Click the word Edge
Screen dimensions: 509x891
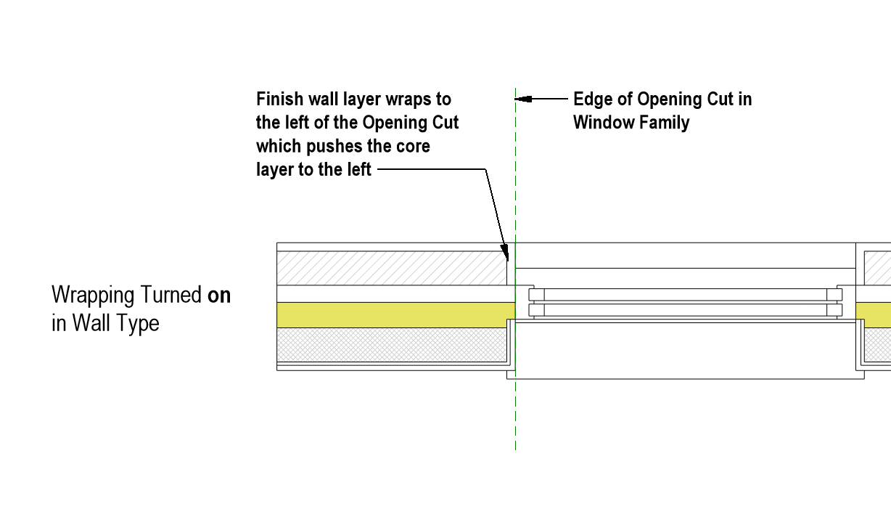click(593, 99)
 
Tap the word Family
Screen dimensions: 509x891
click(664, 122)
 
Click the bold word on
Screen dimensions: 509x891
click(219, 296)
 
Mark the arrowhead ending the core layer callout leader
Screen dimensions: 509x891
click(506, 253)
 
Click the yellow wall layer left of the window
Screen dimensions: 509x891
click(392, 314)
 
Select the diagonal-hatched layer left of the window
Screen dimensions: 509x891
click(392, 268)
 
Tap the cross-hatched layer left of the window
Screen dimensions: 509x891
click(392, 344)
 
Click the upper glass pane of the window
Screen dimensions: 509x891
click(685, 295)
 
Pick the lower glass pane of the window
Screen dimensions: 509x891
click(685, 311)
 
